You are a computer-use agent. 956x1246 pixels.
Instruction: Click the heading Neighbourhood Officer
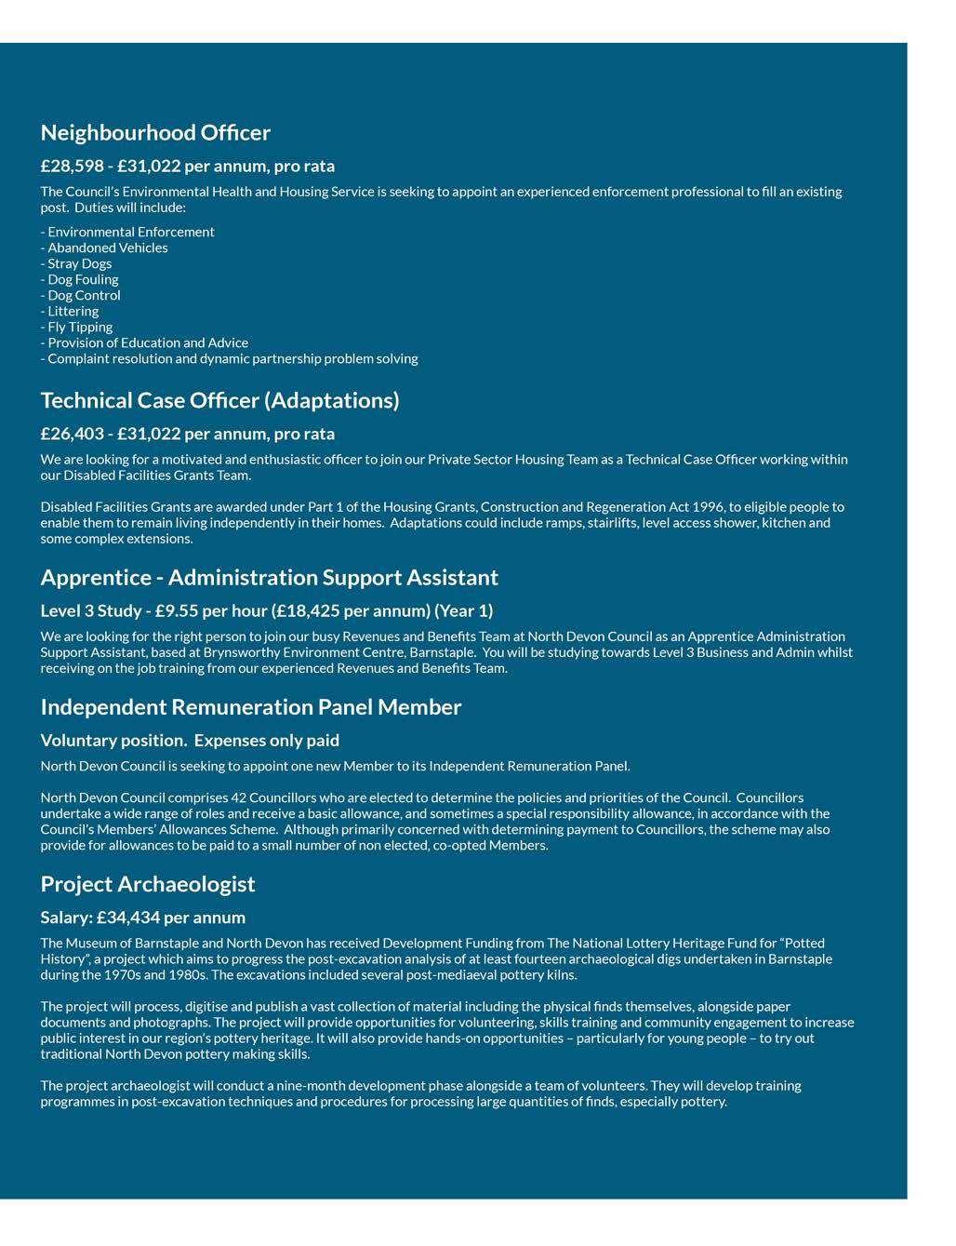pos(155,133)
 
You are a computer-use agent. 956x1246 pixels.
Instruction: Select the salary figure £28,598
pos(72,167)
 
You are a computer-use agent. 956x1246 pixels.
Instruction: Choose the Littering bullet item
pos(73,311)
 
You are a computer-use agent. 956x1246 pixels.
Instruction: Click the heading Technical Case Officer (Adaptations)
pos(219,400)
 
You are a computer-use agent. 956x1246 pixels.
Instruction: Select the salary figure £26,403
pos(72,434)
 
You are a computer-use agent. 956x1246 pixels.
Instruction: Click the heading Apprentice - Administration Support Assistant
pos(269,578)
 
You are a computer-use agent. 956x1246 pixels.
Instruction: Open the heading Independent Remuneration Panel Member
pos(250,707)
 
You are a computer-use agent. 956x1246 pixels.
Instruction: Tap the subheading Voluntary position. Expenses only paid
pos(190,741)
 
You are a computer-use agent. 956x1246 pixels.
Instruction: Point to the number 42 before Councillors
pos(239,797)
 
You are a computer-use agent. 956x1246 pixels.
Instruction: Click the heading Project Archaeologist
pos(147,884)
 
